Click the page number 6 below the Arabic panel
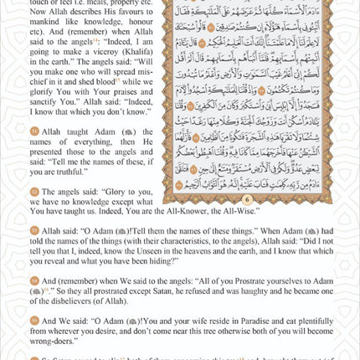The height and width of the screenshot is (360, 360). click(x=247, y=200)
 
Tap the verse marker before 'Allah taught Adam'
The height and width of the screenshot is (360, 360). click(x=34, y=131)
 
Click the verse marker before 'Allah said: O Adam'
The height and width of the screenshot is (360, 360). click(x=34, y=229)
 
